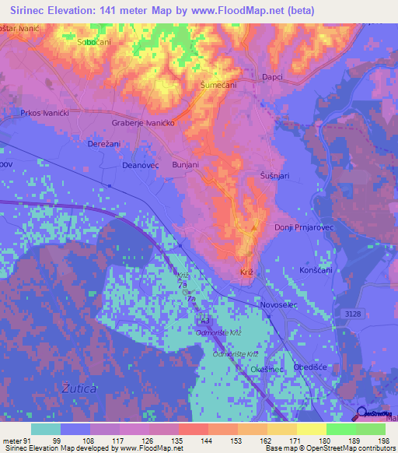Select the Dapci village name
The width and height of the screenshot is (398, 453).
point(295,77)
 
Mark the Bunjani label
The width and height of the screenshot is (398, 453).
point(187,167)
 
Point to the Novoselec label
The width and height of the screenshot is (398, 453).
point(280,305)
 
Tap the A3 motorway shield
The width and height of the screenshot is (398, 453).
point(205,319)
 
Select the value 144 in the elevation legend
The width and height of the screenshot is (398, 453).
point(192,441)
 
